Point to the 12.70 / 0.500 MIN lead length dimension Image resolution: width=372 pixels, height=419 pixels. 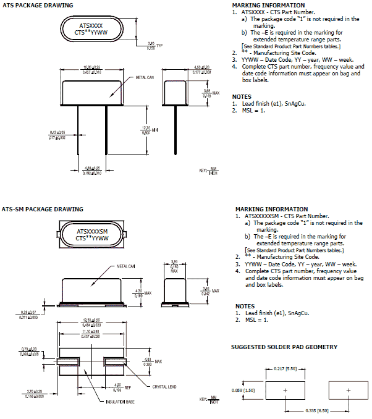pyautogui.click(x=146, y=130)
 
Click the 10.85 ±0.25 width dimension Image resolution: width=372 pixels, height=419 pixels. pyautogui.click(x=92, y=68)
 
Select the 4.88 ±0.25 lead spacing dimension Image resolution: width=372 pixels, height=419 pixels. pyautogui.click(x=92, y=168)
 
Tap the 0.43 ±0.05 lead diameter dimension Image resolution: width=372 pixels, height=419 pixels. pyautogui.click(x=57, y=134)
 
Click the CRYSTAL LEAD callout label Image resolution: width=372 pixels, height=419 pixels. pyautogui.click(x=164, y=387)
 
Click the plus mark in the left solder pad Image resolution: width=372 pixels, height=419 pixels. pyautogui.click(x=285, y=391)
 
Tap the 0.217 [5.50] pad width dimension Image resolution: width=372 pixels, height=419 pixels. pyautogui.click(x=285, y=370)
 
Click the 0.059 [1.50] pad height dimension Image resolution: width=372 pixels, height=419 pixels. pyautogui.click(x=248, y=391)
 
